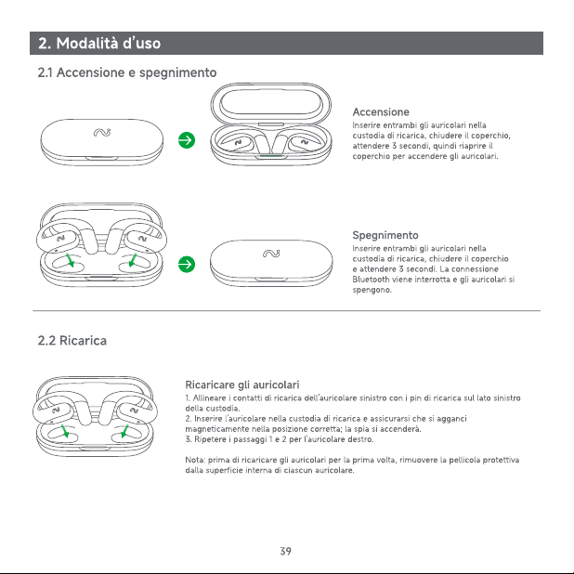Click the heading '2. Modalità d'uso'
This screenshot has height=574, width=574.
coord(99,44)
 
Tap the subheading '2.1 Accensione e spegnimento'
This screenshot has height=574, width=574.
coord(127,72)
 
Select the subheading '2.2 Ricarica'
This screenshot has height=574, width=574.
coord(72,341)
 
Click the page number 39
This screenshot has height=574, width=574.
coord(286,551)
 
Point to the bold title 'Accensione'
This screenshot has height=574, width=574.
coord(381,112)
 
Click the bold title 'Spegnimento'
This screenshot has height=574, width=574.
coord(385,235)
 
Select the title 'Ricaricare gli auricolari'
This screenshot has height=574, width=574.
coord(242,385)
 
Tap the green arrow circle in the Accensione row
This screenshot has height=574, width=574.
coord(187,140)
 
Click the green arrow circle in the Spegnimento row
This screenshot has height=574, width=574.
coord(187,265)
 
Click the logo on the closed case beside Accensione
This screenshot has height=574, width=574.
coord(102,132)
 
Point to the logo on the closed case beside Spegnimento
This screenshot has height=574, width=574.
coord(271,254)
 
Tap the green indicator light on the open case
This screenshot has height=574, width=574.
coord(271,156)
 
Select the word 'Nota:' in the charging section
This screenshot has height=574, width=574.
coord(196,460)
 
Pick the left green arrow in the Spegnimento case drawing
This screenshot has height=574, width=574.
coord(70,259)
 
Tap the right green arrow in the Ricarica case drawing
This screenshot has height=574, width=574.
coord(124,431)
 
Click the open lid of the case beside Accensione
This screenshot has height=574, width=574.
coord(271,103)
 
